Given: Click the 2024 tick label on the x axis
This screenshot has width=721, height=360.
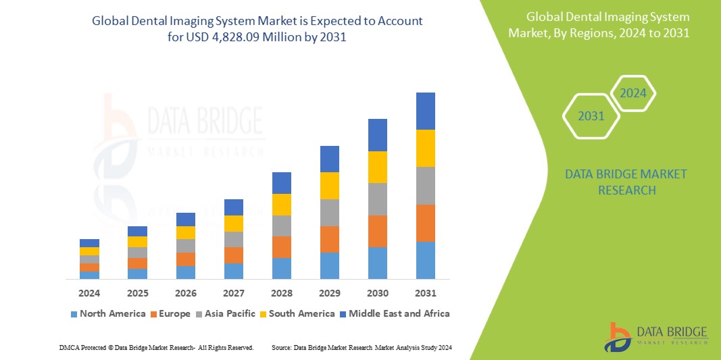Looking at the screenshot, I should (x=89, y=293).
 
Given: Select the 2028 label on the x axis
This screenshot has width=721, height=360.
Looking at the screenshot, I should (x=282, y=293).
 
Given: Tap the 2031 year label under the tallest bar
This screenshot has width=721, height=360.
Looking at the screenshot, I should (x=426, y=293).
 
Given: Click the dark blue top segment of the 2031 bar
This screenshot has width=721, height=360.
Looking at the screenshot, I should (x=426, y=111).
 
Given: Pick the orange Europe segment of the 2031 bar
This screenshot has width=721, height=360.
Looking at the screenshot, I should (x=426, y=223).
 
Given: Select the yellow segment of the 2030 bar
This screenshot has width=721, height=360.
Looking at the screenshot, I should (x=378, y=167).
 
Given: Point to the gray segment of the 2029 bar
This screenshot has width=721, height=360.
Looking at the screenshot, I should (x=330, y=212).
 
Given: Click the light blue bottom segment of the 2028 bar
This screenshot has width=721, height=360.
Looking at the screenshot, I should (x=282, y=268).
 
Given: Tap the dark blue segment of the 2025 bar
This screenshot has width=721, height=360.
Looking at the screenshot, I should (x=137, y=231).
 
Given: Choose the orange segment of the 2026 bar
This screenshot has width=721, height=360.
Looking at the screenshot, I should (x=186, y=259).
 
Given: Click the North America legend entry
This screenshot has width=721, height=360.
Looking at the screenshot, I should (x=107, y=313).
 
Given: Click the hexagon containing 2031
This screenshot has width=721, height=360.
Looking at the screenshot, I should (x=591, y=116).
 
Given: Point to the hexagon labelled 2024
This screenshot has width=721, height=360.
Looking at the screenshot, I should (x=633, y=93).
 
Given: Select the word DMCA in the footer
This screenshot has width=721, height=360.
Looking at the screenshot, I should (x=70, y=347).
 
